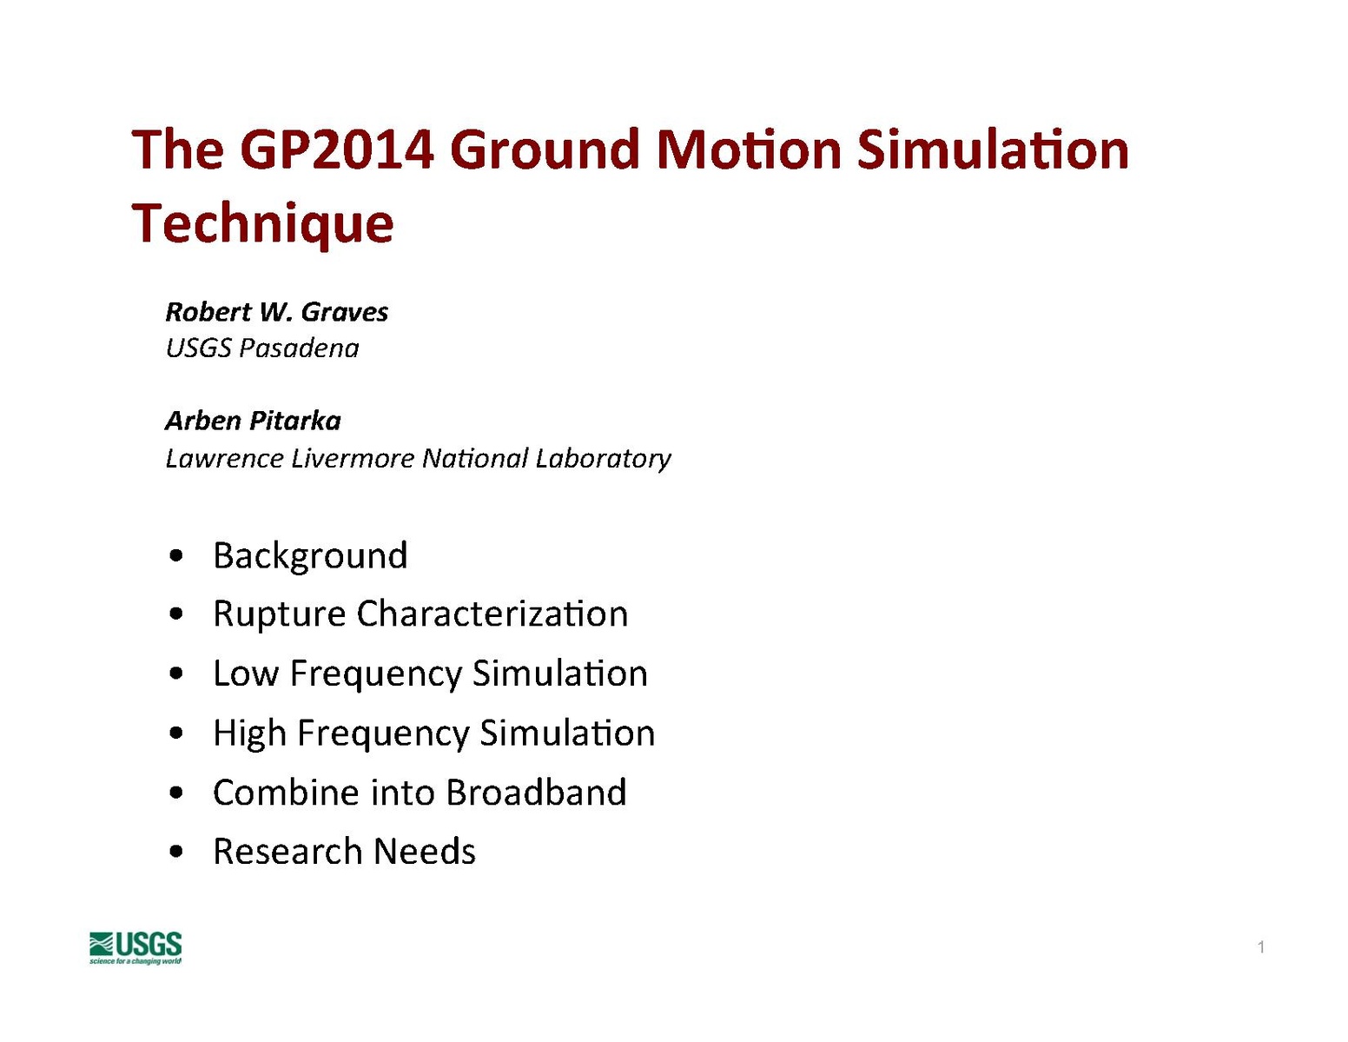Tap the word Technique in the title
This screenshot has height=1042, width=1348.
tap(262, 225)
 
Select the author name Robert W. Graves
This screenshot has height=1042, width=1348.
tap(277, 311)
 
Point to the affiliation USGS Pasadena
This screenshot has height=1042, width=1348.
tap(261, 348)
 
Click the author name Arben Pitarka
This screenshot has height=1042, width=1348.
tap(253, 421)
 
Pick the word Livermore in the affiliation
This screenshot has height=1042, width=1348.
tap(353, 459)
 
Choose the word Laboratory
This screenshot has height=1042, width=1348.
tap(604, 460)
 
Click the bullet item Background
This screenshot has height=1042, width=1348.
tap(310, 555)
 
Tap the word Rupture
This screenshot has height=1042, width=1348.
tap(279, 615)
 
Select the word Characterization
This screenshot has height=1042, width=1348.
tap(492, 614)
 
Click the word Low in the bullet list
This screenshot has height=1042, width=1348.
tap(246, 674)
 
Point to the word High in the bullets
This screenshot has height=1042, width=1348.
tap(249, 733)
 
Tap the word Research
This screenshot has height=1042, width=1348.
tap(287, 851)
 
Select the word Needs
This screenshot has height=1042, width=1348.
tap(425, 851)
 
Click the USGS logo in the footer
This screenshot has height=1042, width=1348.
tap(135, 947)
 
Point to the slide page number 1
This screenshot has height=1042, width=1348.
tap(1260, 947)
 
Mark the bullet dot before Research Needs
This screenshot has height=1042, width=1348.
tap(176, 852)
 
